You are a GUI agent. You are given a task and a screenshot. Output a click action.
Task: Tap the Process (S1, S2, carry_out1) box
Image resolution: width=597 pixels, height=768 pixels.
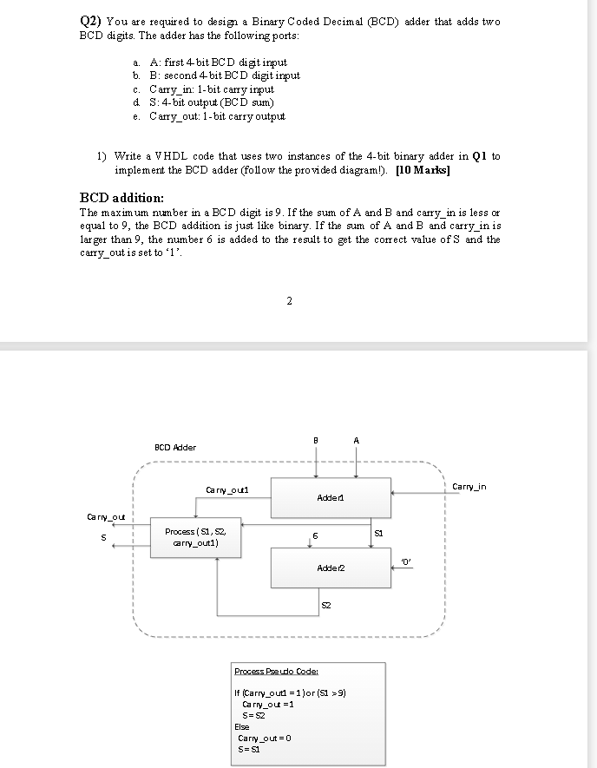pyautogui.click(x=197, y=537)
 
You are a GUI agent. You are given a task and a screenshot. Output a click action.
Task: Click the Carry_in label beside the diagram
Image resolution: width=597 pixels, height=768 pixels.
pyautogui.click(x=469, y=487)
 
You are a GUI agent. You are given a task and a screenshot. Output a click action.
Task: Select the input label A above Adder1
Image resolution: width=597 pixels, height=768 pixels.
pyautogui.click(x=357, y=439)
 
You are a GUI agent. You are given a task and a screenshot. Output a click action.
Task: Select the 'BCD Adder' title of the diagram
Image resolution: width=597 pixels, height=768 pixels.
pyautogui.click(x=174, y=447)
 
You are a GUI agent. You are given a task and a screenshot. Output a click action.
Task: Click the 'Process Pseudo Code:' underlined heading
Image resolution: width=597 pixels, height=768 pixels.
pyautogui.click(x=272, y=672)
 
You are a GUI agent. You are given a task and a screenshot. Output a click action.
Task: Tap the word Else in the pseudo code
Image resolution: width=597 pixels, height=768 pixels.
pyautogui.click(x=242, y=727)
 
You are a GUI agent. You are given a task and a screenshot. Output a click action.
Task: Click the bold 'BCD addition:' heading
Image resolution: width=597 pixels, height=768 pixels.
pyautogui.click(x=122, y=198)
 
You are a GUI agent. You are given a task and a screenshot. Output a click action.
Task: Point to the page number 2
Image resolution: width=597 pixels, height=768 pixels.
pyautogui.click(x=289, y=301)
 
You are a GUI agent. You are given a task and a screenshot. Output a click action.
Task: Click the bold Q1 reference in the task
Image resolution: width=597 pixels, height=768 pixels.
pyautogui.click(x=477, y=156)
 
